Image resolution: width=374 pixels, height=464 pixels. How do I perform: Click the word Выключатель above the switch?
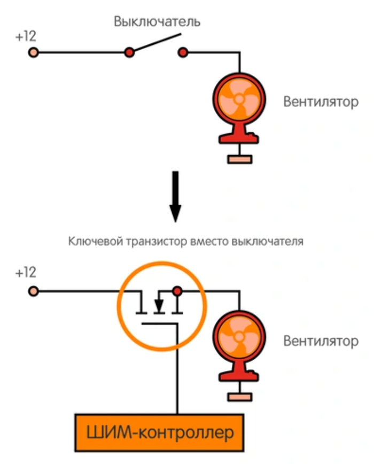[x=157, y=22]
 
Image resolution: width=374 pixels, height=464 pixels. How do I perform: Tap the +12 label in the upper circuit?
[x=25, y=37]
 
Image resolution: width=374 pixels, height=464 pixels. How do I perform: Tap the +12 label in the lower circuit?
[x=25, y=273]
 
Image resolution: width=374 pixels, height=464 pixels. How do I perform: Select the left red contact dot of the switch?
[x=129, y=52]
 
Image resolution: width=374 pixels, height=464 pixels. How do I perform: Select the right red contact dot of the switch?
[x=183, y=52]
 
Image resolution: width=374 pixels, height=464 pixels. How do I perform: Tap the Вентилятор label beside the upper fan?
[x=321, y=102]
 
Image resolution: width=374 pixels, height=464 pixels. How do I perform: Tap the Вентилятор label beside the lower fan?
[x=321, y=341]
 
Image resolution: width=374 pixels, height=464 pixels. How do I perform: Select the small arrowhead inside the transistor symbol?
[x=159, y=306]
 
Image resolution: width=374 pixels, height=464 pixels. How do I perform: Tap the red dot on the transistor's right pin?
[x=177, y=291]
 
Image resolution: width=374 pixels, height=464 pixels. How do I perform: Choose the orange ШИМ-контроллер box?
[x=159, y=432]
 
